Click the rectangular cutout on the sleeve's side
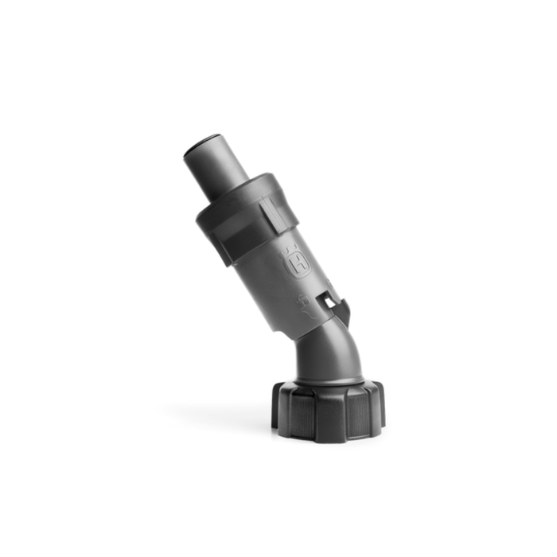pyautogui.click(x=331, y=301)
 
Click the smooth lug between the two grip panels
pyautogui.click(x=333, y=417)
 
